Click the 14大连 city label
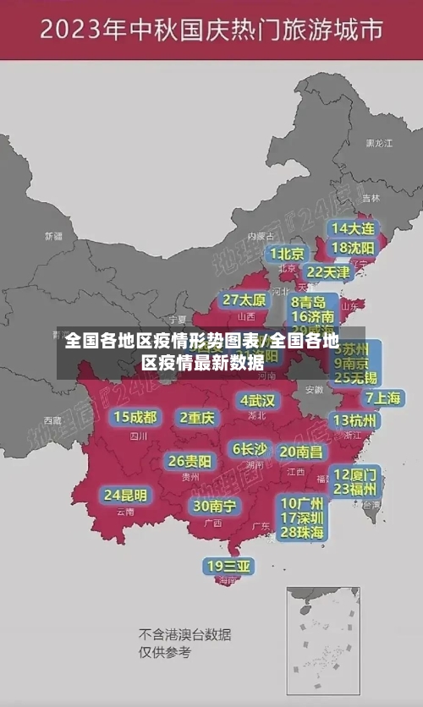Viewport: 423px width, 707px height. point(352,228)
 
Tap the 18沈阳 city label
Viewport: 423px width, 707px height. point(352,248)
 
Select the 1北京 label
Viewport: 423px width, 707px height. point(288,253)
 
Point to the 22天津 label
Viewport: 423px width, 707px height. point(327,272)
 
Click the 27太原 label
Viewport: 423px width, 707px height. point(244,300)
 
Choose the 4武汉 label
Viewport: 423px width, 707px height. point(257,400)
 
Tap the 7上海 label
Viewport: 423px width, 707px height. point(382,397)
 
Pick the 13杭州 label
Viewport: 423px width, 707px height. point(355,420)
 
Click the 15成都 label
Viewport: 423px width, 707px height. point(135,417)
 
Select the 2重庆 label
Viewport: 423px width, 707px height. point(198,417)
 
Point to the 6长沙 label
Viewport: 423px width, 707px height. point(250,449)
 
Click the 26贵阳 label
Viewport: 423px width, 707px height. point(190,461)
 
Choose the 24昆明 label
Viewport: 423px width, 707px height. point(125,495)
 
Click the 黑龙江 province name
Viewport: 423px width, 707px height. point(378,144)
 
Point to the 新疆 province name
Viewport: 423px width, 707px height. point(53,236)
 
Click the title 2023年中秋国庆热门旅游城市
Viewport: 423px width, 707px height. point(211,31)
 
